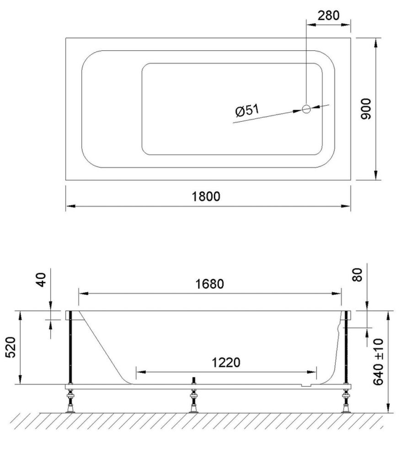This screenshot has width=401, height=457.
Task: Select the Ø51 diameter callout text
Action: (247, 111)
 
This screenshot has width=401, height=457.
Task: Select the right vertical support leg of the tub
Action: (346, 350)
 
